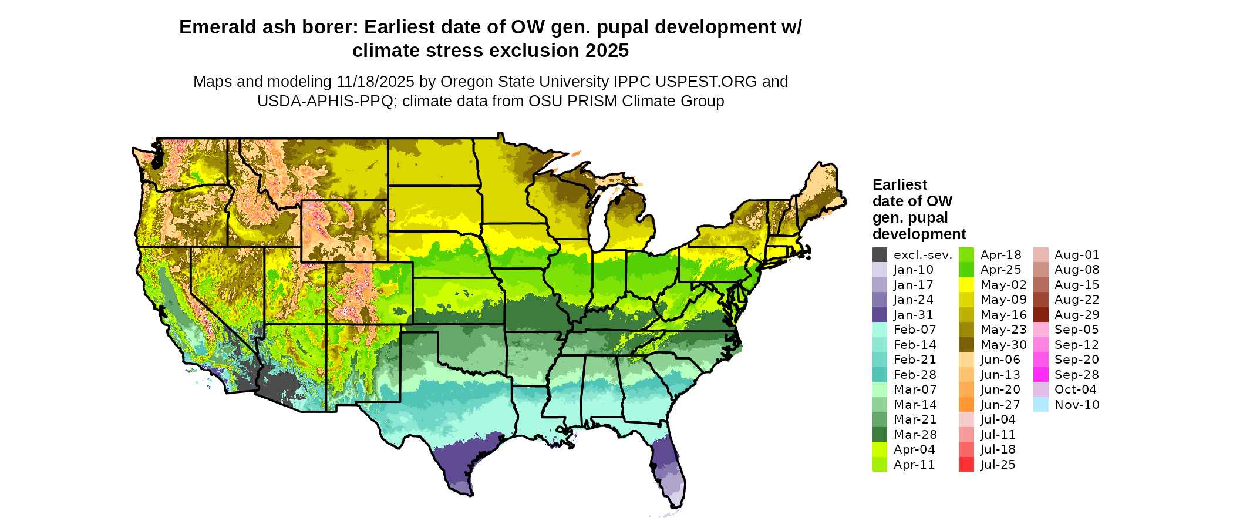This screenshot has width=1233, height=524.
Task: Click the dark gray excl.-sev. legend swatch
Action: (880, 255)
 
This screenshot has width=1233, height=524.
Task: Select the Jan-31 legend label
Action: (913, 315)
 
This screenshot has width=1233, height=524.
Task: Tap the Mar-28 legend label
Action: (915, 435)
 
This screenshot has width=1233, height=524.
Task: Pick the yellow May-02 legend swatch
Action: (966, 285)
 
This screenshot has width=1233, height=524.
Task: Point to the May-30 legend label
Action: (1003, 345)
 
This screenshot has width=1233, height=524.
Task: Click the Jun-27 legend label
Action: (1000, 405)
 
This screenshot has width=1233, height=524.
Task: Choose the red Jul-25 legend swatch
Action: (966, 465)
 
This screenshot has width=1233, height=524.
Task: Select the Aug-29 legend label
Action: (1077, 315)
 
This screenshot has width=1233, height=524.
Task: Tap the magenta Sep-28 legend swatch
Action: (1040, 375)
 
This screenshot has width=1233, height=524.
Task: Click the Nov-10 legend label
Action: (1077, 405)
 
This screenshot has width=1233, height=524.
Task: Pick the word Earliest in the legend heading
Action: (900, 185)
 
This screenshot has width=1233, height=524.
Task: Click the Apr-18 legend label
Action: (1000, 255)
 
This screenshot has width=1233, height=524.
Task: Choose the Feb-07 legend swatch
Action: (880, 330)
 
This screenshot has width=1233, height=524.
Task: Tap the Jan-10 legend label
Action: (913, 270)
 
